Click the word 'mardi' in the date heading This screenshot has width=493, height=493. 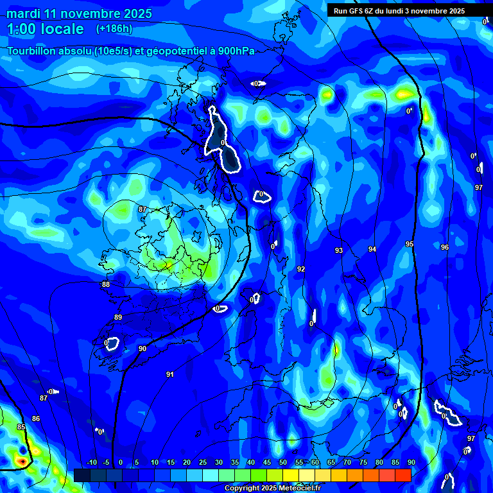[x=24, y=13]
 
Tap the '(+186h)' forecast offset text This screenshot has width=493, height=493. [x=114, y=28]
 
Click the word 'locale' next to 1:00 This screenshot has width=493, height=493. [x=60, y=29]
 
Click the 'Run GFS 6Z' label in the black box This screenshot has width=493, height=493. [x=357, y=10]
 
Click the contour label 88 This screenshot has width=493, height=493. [x=106, y=284]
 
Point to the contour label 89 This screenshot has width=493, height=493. [x=118, y=317]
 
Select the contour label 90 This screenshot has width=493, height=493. [x=143, y=349]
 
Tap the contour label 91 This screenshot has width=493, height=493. [x=169, y=374]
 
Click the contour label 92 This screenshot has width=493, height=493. [x=301, y=269]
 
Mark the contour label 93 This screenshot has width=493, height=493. [x=339, y=250]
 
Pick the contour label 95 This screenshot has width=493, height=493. [x=410, y=244]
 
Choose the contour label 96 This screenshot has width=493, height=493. [x=445, y=247]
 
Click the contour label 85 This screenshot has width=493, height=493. [x=21, y=427]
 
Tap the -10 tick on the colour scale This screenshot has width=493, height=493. [x=92, y=462]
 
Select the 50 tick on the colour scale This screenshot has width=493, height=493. [x=283, y=462]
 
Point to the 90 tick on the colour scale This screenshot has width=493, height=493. [x=411, y=462]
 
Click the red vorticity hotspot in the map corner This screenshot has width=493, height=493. [x=22, y=460]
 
